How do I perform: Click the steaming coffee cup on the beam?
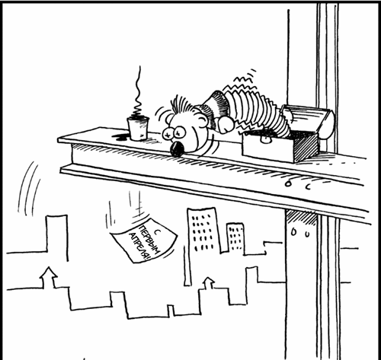tap(138, 128)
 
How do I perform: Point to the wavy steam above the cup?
tap(138, 91)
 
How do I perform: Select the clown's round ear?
tap(201, 120)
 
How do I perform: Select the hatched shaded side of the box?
tap(306, 148)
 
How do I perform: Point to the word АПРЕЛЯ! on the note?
tap(139, 247)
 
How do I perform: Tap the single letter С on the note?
tap(158, 225)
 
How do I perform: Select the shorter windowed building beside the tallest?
tap(235, 238)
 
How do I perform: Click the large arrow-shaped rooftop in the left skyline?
tap(49, 277)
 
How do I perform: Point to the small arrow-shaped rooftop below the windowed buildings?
tap(208, 282)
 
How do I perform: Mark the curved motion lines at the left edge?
tap(27, 189)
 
